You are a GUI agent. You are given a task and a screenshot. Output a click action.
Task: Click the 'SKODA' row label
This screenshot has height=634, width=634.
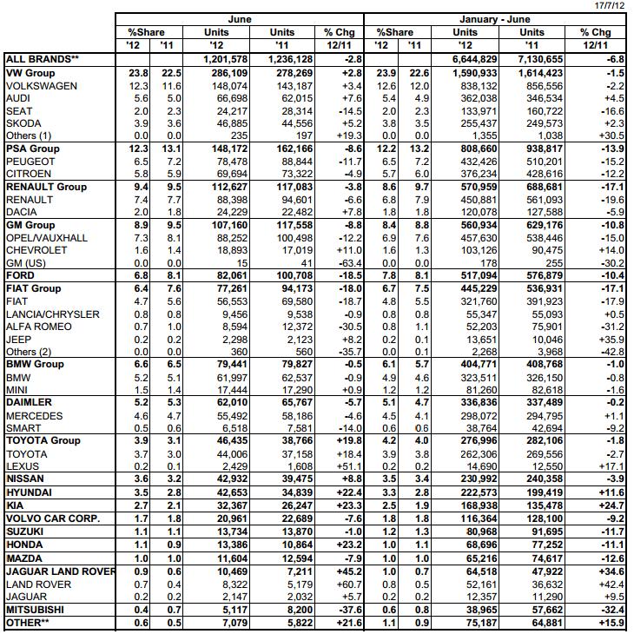point(23,123)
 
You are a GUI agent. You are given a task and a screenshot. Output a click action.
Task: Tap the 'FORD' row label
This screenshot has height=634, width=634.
point(21,275)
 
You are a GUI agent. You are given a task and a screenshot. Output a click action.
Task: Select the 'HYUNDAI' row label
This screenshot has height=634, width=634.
point(28,492)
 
